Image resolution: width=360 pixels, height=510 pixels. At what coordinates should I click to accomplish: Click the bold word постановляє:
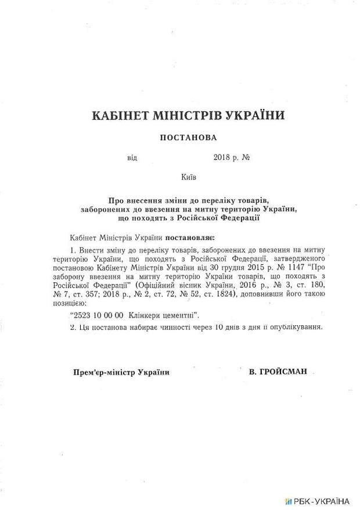coord(190,238)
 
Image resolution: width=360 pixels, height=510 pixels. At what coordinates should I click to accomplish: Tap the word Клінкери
coord(142,315)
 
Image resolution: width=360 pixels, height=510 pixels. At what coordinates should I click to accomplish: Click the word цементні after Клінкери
coord(178,315)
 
